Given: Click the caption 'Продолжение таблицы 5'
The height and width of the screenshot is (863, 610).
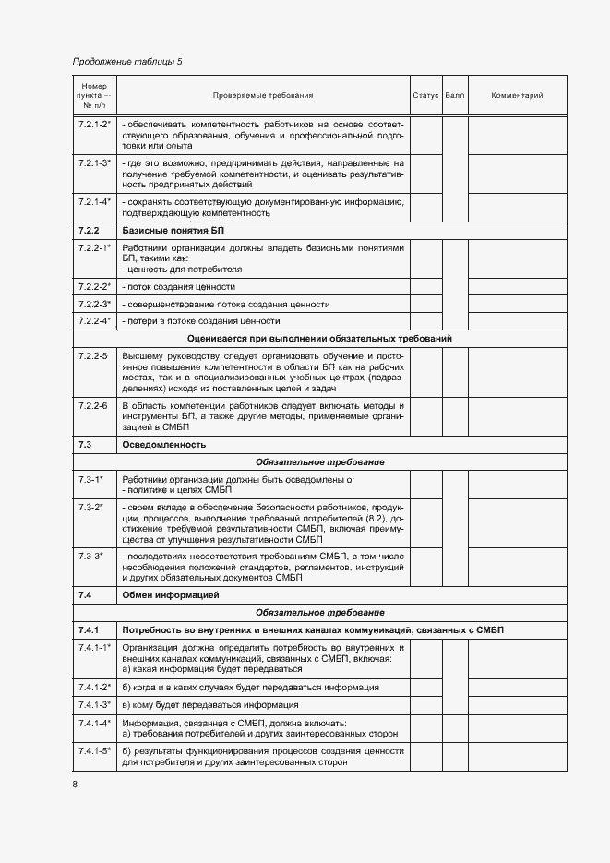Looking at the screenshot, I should [127, 62].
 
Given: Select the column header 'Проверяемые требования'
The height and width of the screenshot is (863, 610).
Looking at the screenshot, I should [263, 95].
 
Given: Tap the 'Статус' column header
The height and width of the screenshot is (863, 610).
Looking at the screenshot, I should [425, 95].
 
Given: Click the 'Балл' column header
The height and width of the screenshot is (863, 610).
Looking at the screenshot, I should [455, 95].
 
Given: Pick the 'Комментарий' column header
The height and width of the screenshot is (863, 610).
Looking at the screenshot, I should [517, 95].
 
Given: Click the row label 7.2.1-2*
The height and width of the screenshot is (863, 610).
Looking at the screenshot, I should [94, 123].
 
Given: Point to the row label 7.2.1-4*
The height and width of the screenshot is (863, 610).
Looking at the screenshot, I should [94, 200].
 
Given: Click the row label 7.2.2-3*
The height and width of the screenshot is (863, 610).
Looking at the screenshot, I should [94, 304].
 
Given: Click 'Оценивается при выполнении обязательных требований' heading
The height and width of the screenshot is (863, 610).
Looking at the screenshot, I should [319, 338].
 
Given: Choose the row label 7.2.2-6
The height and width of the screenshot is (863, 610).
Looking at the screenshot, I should [92, 405].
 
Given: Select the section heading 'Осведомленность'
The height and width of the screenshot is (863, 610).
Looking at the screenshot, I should [163, 445].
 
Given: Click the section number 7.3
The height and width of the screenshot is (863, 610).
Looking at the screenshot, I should [84, 445].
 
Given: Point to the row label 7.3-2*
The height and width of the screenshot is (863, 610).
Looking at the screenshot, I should [90, 507].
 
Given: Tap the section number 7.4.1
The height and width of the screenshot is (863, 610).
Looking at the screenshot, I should [89, 629].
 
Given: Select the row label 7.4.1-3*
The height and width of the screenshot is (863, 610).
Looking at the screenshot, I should [94, 704].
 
